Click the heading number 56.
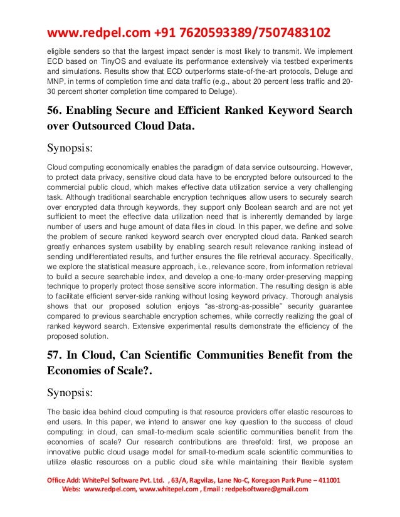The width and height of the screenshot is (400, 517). (55, 111)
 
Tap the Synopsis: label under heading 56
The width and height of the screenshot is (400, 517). (73, 150)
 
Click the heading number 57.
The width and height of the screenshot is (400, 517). (55, 355)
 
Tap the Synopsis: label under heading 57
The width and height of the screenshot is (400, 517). (73, 394)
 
